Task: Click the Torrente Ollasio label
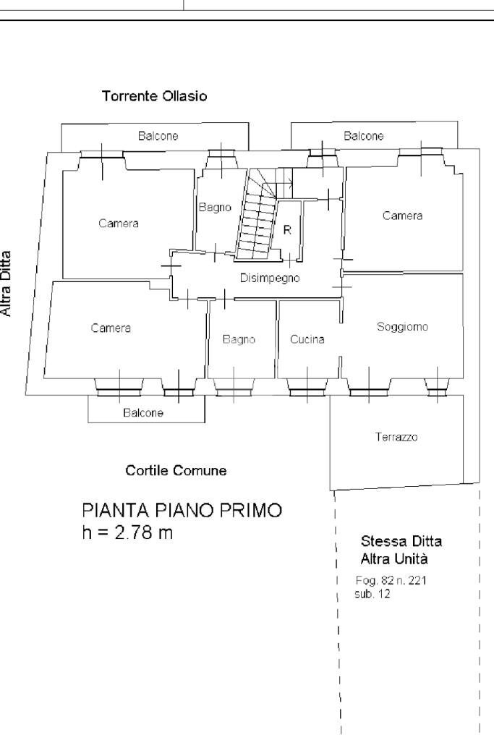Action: [155, 96]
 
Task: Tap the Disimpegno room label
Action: [270, 278]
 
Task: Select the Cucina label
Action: [307, 339]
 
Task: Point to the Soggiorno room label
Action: [402, 327]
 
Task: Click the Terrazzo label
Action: [396, 437]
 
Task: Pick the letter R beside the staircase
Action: [287, 230]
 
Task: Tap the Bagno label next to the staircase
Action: [215, 208]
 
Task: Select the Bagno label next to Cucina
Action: [239, 339]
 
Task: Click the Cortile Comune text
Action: [176, 471]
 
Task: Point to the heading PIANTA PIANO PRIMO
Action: [182, 511]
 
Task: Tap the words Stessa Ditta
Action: [401, 541]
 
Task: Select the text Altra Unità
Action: [395, 559]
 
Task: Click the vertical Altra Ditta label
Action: [7, 283]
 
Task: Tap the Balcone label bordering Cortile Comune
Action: [142, 413]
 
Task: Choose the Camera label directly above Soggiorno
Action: [402, 216]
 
